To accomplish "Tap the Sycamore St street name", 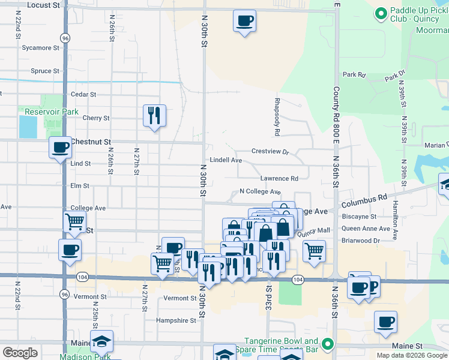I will click(40, 47).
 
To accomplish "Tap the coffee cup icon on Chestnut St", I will click(59, 147).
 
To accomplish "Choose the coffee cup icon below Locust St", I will click(244, 21).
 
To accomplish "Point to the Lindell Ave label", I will click(225, 161).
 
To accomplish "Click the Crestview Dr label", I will click(270, 151).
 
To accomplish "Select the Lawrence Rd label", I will click(279, 179).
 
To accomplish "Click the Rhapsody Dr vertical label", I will click(277, 116).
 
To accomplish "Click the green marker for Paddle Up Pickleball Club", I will click(380, 13).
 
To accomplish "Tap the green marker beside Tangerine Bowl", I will click(327, 344).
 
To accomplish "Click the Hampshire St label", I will click(176, 320).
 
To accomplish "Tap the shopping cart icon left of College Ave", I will click(74, 221).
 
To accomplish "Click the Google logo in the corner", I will click(20, 353).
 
